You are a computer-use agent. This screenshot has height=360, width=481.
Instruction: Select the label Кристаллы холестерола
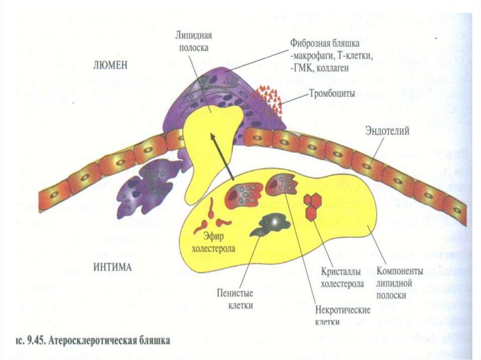[x=343, y=278]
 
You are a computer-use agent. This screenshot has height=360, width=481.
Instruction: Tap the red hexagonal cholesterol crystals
[x=311, y=207]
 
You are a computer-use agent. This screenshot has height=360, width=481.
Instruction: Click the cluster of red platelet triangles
[x=268, y=100]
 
